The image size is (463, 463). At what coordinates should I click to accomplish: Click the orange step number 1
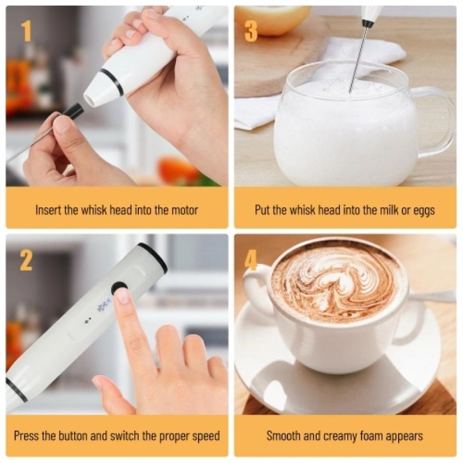point(26,31)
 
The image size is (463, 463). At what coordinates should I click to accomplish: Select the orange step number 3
point(251,31)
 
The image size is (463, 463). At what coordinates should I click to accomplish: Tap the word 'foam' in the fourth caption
point(363,436)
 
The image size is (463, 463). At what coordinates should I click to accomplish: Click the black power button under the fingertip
point(119,288)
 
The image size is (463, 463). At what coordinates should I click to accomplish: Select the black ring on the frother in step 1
point(112,82)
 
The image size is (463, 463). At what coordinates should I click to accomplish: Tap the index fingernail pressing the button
point(123,296)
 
